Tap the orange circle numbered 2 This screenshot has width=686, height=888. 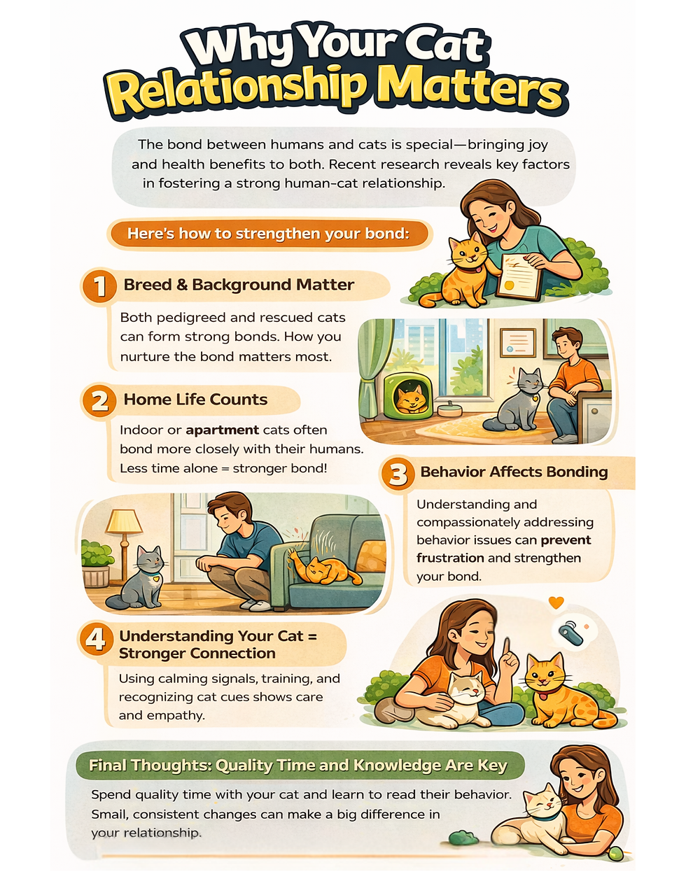pyautogui.click(x=99, y=400)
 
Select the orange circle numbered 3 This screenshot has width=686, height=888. pyautogui.click(x=398, y=474)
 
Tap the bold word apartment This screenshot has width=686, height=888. pyautogui.click(x=222, y=430)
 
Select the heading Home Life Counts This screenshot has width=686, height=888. pyautogui.click(x=195, y=400)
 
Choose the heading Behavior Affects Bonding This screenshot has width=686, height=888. pyautogui.click(x=514, y=472)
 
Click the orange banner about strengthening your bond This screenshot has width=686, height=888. pyautogui.click(x=269, y=234)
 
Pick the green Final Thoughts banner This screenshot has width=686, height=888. pyautogui.click(x=300, y=765)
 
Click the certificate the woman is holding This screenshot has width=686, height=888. pyautogui.click(x=519, y=277)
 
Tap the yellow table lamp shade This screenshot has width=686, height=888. pyautogui.click(x=123, y=521)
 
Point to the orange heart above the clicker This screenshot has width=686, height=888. pyautogui.click(x=556, y=602)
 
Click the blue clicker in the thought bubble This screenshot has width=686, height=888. pyautogui.click(x=570, y=634)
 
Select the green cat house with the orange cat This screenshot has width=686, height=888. pyautogui.click(x=407, y=395)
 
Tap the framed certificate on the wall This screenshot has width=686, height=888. pyautogui.click(x=518, y=343)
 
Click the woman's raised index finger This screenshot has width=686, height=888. pyautogui.click(x=507, y=646)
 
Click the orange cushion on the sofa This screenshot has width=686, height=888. pyautogui.click(x=372, y=556)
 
